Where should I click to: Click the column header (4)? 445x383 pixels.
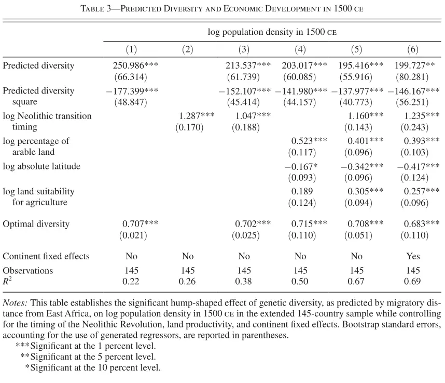(x=300, y=49)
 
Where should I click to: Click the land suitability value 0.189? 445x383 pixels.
(x=302, y=191)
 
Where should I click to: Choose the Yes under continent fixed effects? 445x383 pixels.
(x=413, y=256)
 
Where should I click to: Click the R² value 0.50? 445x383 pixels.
(x=300, y=281)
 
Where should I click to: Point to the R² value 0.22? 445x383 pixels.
(x=131, y=281)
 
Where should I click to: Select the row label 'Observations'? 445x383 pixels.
(x=28, y=270)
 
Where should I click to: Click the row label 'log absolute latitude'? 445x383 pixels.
(x=41, y=166)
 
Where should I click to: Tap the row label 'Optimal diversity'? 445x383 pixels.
(x=36, y=224)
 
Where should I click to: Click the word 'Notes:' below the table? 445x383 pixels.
(x=15, y=303)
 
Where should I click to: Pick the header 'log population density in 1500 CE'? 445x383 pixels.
(x=272, y=32)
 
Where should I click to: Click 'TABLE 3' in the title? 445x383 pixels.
(x=96, y=8)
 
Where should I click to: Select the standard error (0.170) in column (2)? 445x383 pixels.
(x=189, y=127)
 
